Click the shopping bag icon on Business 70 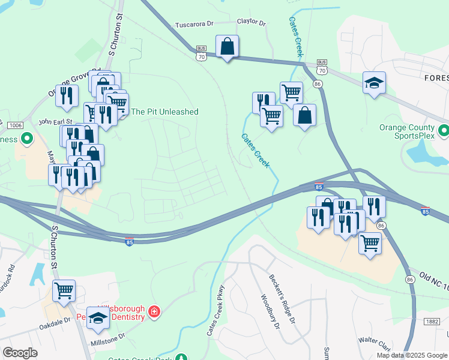pos(227,46)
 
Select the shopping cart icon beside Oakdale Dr pos(64,291)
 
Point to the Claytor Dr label pos(251,22)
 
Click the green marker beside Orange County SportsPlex pos(444,130)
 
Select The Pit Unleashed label pos(164,112)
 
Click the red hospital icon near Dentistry pos(154,311)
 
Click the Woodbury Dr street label pos(270,311)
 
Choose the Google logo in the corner pos(20,353)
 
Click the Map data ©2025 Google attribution pos(411,355)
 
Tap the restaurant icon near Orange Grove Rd pos(66,96)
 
